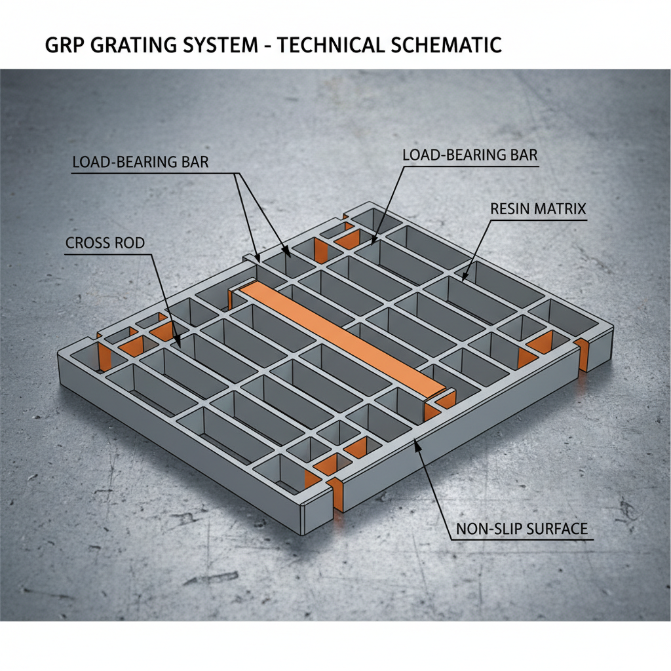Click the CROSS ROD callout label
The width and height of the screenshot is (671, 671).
point(105,243)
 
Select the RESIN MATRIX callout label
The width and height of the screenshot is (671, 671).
point(538,209)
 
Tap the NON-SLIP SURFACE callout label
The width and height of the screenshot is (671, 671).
point(522,528)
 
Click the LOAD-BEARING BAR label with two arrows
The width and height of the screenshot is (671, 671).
point(139,162)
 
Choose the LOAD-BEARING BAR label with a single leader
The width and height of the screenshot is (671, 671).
point(470,155)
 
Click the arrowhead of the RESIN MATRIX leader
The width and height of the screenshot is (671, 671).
point(465,278)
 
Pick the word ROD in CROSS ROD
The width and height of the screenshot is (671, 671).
point(130,243)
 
